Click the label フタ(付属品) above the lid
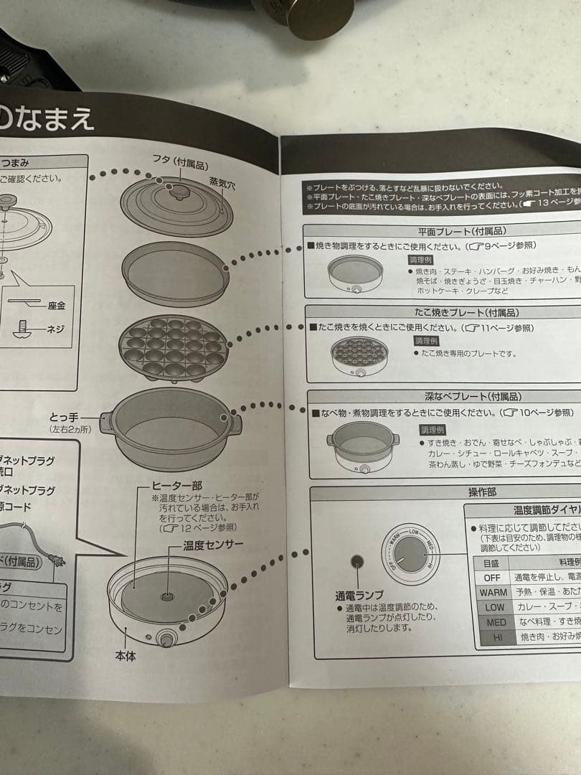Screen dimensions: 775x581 (177, 159)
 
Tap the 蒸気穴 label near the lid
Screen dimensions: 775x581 (221, 184)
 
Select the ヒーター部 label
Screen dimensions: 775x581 (176, 486)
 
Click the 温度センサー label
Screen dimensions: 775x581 (212, 545)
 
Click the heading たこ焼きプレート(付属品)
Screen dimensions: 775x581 (466, 313)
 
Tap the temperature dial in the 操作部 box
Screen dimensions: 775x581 (410, 554)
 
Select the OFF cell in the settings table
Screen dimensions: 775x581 (491, 577)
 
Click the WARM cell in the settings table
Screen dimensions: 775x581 (493, 592)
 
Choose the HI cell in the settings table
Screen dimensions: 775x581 (495, 637)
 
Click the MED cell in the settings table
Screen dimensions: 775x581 (495, 622)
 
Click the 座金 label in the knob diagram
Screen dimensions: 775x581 (56, 306)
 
